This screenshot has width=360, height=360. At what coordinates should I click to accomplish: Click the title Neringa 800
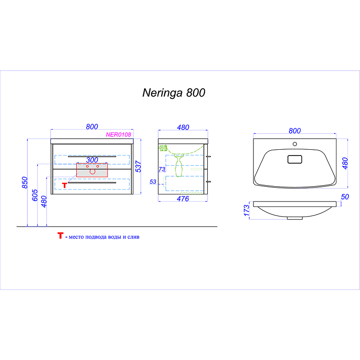(x=174, y=93)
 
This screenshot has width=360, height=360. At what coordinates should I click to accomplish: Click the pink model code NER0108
(x=118, y=134)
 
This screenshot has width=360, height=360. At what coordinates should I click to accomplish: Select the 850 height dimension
(x=25, y=182)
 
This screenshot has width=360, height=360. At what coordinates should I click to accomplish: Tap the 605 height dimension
(x=35, y=195)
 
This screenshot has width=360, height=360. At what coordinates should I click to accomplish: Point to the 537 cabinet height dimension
(x=138, y=167)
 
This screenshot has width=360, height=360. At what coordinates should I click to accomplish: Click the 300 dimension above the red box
(x=92, y=160)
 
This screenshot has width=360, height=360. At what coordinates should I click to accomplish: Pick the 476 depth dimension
(x=183, y=199)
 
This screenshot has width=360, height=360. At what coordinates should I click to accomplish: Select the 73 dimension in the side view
(x=162, y=169)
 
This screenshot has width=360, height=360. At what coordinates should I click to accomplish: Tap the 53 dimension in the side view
(x=153, y=182)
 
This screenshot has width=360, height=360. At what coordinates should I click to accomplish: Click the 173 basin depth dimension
(x=247, y=211)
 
